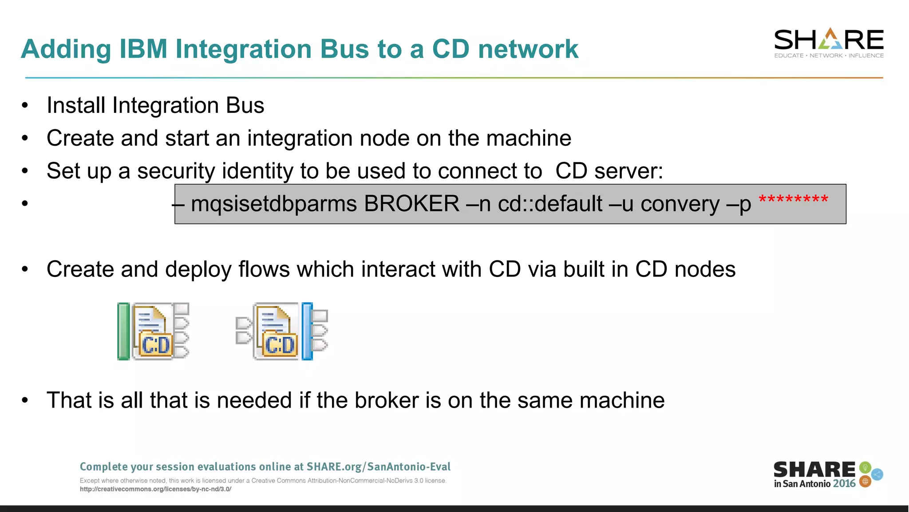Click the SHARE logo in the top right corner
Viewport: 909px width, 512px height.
tap(829, 43)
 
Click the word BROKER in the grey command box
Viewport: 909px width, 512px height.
tap(411, 204)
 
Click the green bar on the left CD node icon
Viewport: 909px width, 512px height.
tap(123, 331)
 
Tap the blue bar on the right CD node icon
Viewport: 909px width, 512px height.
tap(307, 331)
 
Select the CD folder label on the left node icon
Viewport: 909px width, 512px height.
tap(156, 345)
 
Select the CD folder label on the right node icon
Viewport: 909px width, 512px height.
tap(280, 345)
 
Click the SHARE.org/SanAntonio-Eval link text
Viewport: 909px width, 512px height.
tap(378, 467)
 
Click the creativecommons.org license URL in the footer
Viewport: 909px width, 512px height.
tap(155, 489)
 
